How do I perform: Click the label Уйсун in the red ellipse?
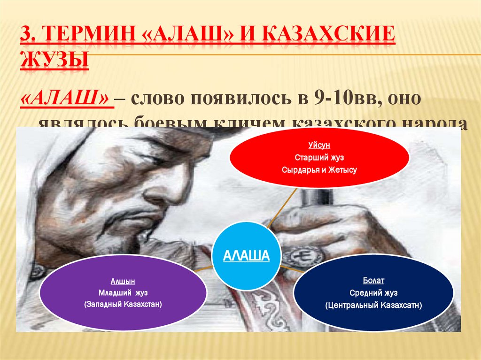319,146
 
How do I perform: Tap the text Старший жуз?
319,158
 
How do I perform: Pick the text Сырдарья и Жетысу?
319,170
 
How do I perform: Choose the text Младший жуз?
123,293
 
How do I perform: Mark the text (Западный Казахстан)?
123,305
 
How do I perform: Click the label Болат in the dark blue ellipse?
373,281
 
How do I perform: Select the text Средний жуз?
373,293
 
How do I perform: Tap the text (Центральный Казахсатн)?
373,305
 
